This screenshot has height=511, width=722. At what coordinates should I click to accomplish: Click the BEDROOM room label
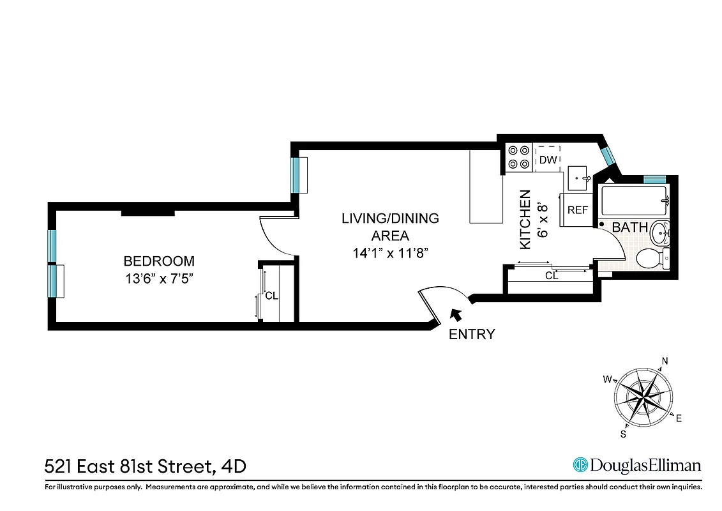(x=159, y=261)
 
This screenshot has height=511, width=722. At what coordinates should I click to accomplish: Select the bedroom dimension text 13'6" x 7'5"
(x=159, y=279)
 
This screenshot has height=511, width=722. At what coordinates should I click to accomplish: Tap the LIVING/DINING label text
(x=390, y=218)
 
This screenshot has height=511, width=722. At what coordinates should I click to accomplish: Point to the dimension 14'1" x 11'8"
(x=390, y=252)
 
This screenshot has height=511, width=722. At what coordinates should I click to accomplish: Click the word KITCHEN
(x=525, y=220)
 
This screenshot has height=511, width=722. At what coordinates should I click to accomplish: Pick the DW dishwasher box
(x=548, y=160)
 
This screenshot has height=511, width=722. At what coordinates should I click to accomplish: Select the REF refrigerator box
(x=577, y=210)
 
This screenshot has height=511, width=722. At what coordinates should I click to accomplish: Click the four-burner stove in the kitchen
(x=518, y=157)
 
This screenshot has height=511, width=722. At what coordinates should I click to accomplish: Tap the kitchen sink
(x=578, y=177)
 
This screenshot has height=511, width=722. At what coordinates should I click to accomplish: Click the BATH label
(x=630, y=227)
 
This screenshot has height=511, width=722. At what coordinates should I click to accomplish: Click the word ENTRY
(x=472, y=334)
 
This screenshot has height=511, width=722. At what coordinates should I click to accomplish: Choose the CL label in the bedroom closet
(x=272, y=296)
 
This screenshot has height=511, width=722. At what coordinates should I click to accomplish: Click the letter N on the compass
(x=665, y=362)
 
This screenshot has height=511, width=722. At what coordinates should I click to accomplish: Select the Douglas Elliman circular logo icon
(x=580, y=465)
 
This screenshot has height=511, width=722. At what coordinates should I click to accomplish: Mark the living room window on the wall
(x=296, y=174)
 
